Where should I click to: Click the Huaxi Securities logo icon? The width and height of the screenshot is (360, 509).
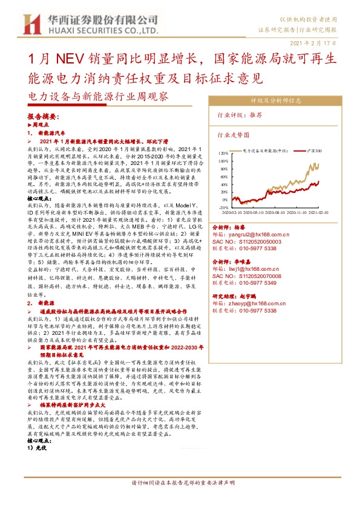31,24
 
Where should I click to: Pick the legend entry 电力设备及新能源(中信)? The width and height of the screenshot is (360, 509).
267,148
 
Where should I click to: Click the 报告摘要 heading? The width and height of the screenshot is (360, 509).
43,115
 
